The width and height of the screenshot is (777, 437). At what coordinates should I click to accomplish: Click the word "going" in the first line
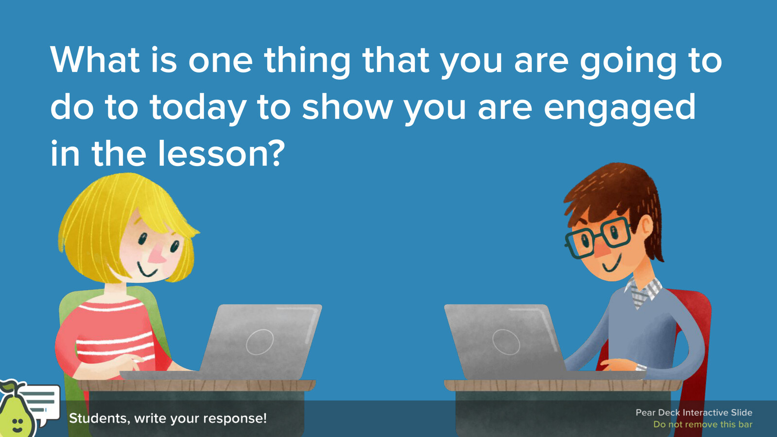(x=628, y=62)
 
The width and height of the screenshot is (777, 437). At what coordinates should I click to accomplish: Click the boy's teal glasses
(x=597, y=237)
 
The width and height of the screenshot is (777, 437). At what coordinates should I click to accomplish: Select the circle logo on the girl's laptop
(x=260, y=342)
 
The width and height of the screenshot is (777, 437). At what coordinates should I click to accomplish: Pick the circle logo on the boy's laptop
(x=506, y=342)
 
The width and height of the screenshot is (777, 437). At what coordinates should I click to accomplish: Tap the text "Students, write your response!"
(x=168, y=418)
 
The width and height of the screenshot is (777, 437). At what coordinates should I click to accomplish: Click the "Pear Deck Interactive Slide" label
(x=694, y=412)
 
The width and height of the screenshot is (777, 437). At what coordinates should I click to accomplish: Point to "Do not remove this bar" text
(x=703, y=424)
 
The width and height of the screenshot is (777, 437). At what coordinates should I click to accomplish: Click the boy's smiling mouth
(x=611, y=265)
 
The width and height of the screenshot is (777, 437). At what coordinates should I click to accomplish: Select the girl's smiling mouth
(x=147, y=269)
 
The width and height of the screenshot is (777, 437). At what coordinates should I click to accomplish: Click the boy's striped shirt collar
(x=643, y=292)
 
